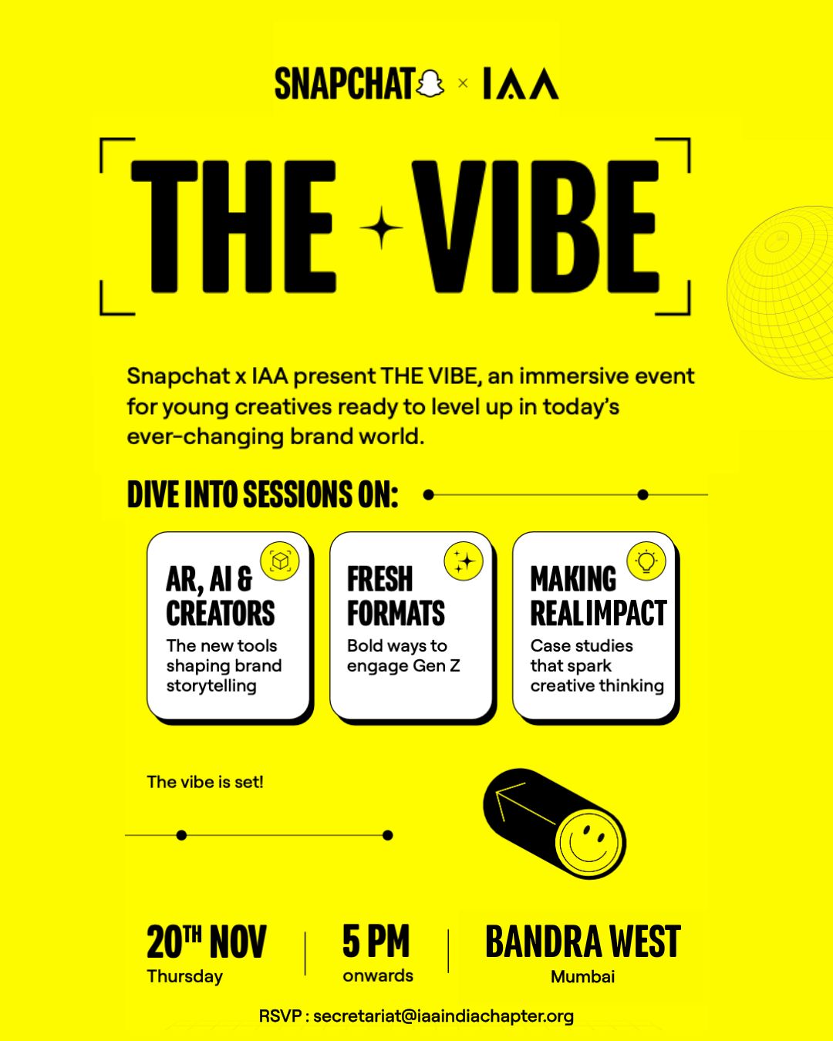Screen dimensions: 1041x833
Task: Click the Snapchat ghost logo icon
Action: pos(430,83)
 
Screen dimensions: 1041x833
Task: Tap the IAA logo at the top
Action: pos(521,84)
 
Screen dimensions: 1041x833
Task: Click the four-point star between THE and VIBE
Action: pos(381,228)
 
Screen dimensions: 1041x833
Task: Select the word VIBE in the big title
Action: pos(535,227)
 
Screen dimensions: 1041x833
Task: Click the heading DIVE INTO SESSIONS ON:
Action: pos(262,495)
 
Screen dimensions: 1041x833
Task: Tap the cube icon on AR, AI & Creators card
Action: pos(280,561)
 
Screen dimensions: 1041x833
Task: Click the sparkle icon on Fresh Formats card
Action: pos(463,561)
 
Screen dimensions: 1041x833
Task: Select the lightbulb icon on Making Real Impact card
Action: pos(646,561)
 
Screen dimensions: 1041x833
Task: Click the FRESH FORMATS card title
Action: pos(396,596)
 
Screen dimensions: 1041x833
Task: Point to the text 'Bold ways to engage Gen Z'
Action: pos(403,655)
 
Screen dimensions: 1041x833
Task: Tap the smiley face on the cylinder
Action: pos(588,842)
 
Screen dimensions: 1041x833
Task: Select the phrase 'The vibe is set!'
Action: pos(205,782)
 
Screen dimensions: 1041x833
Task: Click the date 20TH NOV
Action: pos(206,942)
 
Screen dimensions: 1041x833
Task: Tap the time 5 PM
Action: pos(376,941)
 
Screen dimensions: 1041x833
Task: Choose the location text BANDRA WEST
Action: pos(582,942)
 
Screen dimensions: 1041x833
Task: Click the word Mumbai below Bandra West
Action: pos(582,977)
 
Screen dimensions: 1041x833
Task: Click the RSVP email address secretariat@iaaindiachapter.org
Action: pos(443,1016)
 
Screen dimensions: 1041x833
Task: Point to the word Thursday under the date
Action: pos(185,976)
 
